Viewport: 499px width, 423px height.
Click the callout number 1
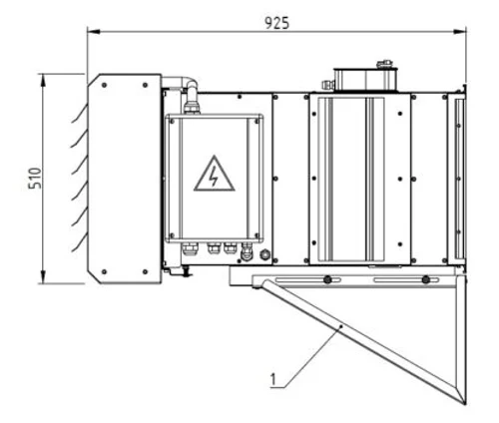point(271,378)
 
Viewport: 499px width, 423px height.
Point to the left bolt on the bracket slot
point(326,278)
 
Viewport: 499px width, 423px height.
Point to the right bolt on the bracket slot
point(426,278)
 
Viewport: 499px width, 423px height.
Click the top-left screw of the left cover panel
point(104,85)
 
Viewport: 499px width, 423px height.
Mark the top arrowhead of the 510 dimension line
point(42,77)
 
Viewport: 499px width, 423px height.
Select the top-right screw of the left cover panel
point(146,85)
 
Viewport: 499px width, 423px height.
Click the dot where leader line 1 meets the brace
point(342,327)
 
